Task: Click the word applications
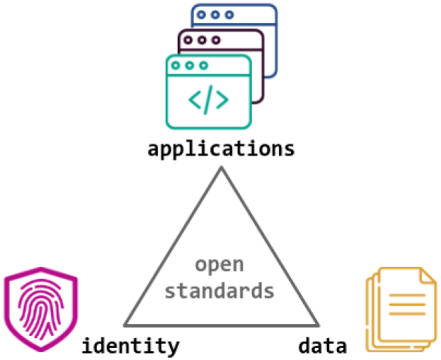(221, 150)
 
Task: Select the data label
(322, 346)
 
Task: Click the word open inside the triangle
(219, 265)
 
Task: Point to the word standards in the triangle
(219, 290)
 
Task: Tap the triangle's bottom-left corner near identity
(125, 325)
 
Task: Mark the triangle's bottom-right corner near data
(317, 325)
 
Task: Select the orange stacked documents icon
(398, 309)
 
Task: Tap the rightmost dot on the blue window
(229, 14)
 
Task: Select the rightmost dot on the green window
(204, 65)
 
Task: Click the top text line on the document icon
(406, 295)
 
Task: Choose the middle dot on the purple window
(203, 40)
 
